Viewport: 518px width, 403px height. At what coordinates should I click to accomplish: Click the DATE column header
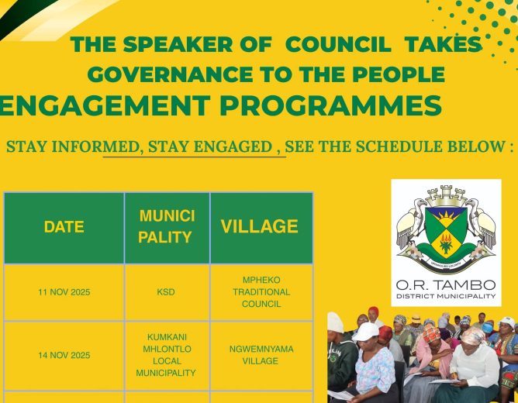coord(64,227)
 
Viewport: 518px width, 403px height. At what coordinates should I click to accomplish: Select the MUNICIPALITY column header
coord(167,226)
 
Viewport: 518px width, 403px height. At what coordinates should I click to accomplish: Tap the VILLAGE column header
coord(259,226)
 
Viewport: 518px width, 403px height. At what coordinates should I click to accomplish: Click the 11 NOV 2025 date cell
coord(64,292)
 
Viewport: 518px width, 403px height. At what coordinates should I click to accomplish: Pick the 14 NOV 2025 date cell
coord(64,355)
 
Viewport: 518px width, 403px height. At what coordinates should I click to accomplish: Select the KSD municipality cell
coord(166,292)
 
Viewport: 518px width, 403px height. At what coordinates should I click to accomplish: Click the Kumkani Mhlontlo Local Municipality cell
coord(166,355)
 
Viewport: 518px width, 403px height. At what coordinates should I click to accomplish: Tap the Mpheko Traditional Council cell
coord(261,292)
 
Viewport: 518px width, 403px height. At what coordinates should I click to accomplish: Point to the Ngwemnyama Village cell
coord(261,355)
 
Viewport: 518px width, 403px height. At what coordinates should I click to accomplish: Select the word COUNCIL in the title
coord(335,45)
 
